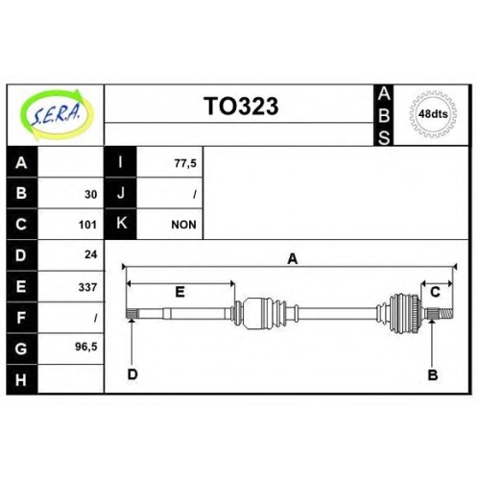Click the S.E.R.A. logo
tap(57, 114)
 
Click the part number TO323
tap(241, 107)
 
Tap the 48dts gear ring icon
tap(433, 114)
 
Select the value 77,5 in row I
tap(185, 163)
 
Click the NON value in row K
tap(183, 225)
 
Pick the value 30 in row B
tap(91, 194)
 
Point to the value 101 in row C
tap(87, 225)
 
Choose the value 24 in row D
tap(91, 254)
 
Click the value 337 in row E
tap(87, 287)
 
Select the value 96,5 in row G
tap(86, 347)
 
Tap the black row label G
tap(22, 348)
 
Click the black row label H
tap(22, 379)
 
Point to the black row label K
tap(121, 223)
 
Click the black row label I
tap(121, 162)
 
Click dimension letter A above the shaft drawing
tap(293, 259)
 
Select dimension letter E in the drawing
tap(180, 292)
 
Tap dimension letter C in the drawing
tap(435, 292)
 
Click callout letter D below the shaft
tap(132, 373)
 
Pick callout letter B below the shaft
tap(433, 374)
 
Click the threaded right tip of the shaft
tap(446, 314)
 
